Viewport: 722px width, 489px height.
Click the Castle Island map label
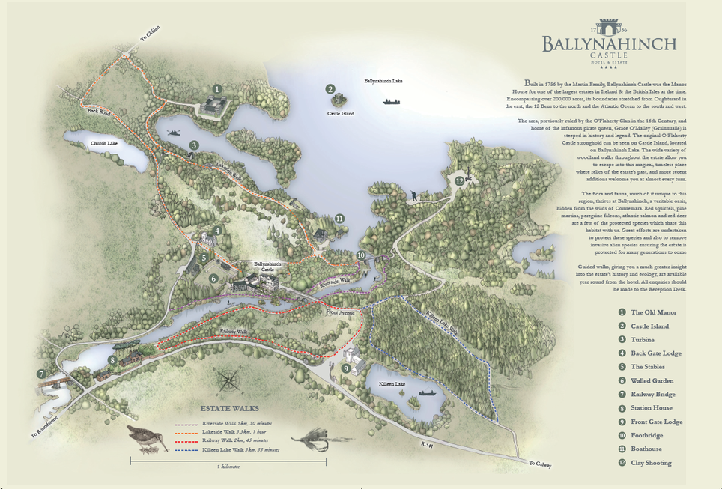click(x=340, y=113)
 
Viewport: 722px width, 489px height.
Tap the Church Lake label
click(x=104, y=143)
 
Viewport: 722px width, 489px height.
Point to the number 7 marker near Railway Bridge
click(x=40, y=374)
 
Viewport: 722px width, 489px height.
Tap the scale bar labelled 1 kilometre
click(x=228, y=460)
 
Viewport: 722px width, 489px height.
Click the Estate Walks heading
click(x=229, y=409)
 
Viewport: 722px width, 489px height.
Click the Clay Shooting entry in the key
click(x=650, y=463)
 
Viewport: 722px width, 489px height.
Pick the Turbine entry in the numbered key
click(x=643, y=340)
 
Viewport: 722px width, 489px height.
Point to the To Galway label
click(x=539, y=464)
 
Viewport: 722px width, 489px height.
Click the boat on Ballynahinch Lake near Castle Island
click(x=391, y=101)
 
